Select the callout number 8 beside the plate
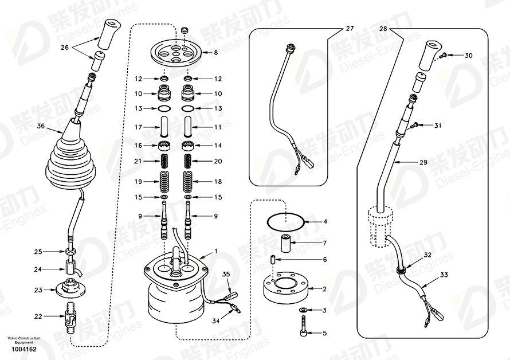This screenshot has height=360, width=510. (215, 53)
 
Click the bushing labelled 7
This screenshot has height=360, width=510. (284, 245)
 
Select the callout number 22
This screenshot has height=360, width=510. (38, 316)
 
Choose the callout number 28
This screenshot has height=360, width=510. (384, 28)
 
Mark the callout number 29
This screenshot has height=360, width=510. (423, 163)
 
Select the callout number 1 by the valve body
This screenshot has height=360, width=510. (216, 251)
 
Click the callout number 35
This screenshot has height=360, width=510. (226, 275)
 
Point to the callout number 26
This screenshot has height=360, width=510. (64, 48)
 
